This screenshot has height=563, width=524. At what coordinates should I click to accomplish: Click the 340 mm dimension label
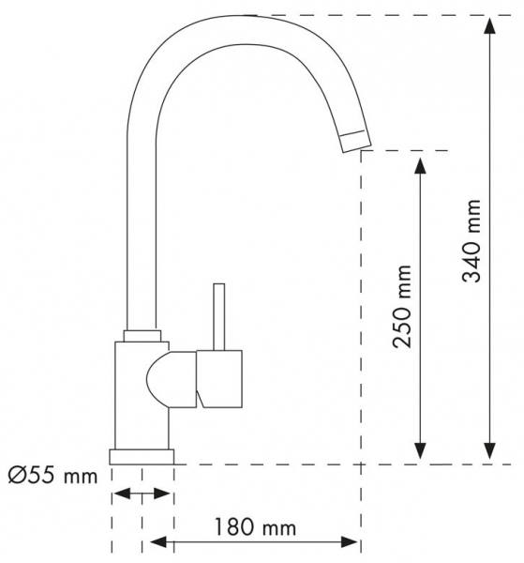pos(471,240)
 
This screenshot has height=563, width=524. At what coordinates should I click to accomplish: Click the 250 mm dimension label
pos(401,307)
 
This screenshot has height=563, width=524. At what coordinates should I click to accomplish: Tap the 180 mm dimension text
pos(255,527)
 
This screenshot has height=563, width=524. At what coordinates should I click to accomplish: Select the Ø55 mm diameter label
pos(52,476)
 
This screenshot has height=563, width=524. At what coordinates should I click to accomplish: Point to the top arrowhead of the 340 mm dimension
pos(490,25)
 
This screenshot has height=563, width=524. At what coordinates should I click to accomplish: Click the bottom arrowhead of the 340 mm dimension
pos(490,450)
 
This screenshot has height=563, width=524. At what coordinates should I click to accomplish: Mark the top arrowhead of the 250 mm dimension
pos(420,165)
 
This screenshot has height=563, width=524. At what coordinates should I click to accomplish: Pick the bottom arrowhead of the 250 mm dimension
pos(420,450)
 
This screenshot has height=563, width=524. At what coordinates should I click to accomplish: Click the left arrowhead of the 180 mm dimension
pos(158,541)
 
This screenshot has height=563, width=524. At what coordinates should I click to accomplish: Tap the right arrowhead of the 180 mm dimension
pos(350,541)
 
